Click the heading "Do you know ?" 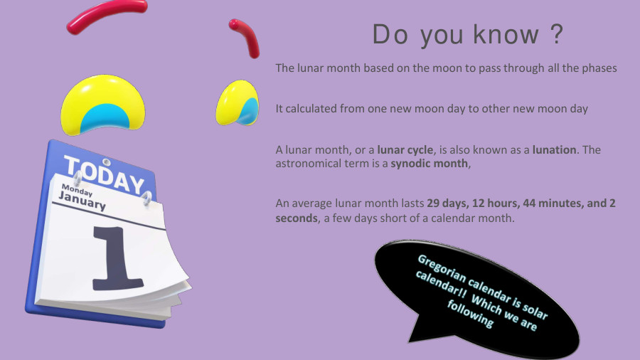point(468,36)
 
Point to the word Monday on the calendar point(76,189)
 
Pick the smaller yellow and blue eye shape point(238,102)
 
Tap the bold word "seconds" point(297,218)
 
